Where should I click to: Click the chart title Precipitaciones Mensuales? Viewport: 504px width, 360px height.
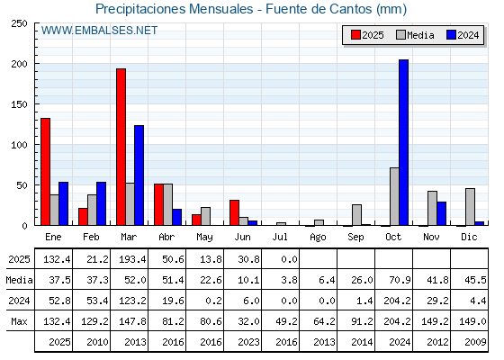point(175,9)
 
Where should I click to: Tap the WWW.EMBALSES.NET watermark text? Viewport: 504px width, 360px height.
point(99,31)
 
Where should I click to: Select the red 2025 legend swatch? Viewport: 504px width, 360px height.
point(355,35)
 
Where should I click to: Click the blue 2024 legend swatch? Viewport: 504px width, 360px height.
point(451,35)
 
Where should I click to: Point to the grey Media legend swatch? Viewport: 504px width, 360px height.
point(400,35)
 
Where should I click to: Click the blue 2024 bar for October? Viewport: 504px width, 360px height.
point(404,142)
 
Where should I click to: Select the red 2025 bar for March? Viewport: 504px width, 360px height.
point(121,147)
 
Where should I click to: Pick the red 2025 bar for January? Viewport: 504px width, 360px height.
point(45,172)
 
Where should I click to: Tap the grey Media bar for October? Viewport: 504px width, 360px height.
point(394,196)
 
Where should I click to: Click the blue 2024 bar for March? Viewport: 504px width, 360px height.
point(139,175)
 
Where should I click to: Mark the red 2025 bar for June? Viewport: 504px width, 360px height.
point(234,212)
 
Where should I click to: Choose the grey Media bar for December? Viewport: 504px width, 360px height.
point(470,207)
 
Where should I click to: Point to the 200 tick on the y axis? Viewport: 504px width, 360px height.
point(19,64)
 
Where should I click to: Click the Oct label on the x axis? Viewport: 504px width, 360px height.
point(393,237)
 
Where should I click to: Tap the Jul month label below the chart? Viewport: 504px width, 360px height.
point(280,237)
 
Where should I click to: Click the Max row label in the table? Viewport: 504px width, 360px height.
point(19,321)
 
